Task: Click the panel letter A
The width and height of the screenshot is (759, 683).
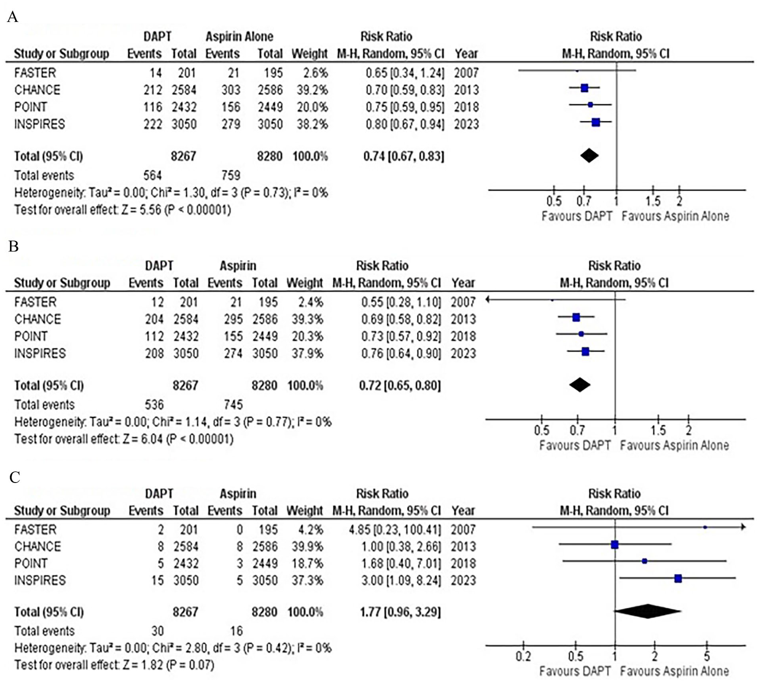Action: click(x=12, y=17)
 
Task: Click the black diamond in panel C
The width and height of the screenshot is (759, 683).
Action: click(x=648, y=611)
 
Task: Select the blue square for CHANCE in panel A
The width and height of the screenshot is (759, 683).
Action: click(x=584, y=88)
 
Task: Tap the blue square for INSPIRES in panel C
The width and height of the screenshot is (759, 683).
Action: click(x=678, y=578)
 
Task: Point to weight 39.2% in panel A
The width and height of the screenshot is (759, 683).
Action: click(x=312, y=90)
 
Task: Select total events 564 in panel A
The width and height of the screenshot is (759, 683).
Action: click(x=152, y=175)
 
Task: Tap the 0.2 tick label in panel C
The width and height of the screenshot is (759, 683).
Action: click(x=523, y=656)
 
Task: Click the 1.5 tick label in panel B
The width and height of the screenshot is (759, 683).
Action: click(x=658, y=430)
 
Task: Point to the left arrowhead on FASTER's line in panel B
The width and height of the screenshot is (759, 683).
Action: click(x=488, y=300)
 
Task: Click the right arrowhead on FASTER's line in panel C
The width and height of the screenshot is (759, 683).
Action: click(x=743, y=527)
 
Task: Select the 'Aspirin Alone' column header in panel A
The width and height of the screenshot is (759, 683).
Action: click(x=239, y=37)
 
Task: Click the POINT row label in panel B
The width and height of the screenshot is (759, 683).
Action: click(x=31, y=336)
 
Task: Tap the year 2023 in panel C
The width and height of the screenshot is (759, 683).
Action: click(x=463, y=580)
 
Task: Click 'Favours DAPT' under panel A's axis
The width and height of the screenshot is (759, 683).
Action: click(x=577, y=216)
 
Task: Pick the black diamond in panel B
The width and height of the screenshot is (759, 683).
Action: click(x=579, y=385)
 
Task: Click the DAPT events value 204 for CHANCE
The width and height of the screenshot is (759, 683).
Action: click(x=154, y=319)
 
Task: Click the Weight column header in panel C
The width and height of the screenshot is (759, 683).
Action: click(x=304, y=510)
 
